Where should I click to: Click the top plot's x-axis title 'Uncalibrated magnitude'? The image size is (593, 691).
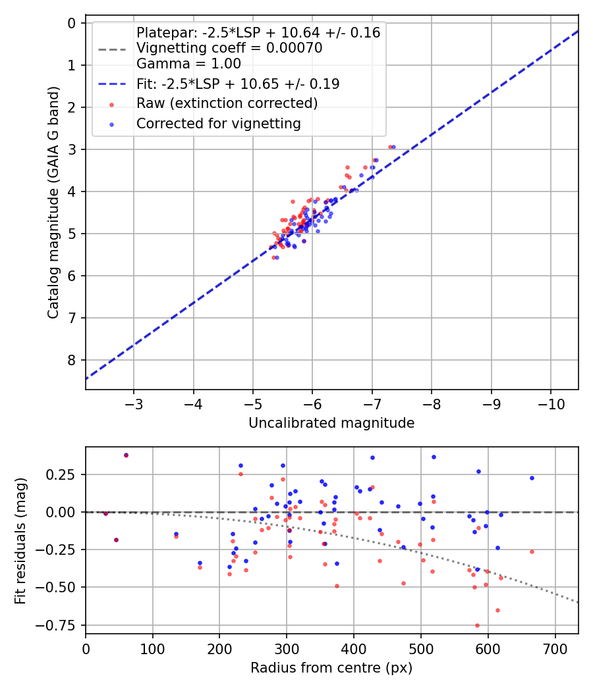[x=331, y=423]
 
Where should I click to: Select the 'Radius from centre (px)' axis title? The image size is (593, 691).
[x=331, y=668]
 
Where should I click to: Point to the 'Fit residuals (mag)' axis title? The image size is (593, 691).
[x=20, y=540]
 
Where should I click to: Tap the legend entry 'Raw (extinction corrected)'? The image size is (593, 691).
[x=227, y=103]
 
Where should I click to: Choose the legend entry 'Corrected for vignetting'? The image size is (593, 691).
[x=218, y=124]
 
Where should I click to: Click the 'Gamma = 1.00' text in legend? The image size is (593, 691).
[x=188, y=64]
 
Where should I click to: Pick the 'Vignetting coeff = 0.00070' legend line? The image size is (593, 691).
[x=229, y=48]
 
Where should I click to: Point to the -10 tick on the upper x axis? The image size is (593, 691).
[x=551, y=403]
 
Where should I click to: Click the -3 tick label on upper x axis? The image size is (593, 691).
[x=134, y=403]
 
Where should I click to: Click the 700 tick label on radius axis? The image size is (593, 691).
[x=555, y=648]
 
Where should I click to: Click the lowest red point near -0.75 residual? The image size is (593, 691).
[x=477, y=625]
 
